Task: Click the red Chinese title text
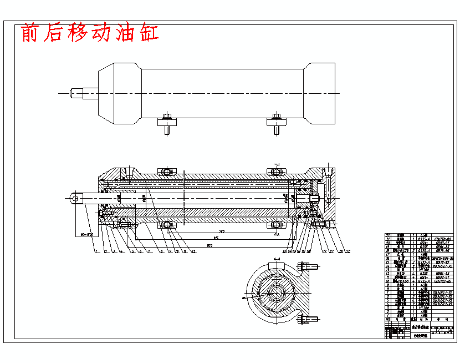pyautogui.click(x=90, y=33)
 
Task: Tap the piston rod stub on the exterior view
pyautogui.click(x=83, y=93)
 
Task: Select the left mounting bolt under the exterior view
pyautogui.click(x=167, y=123)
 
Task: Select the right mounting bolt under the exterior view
pyautogui.click(x=277, y=123)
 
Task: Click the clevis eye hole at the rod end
pyautogui.click(x=76, y=197)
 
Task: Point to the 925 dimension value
pyautogui.click(x=210, y=244)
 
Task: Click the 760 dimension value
pyautogui.click(x=221, y=231)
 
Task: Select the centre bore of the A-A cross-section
pyautogui.click(x=275, y=293)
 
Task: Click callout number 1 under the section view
pyautogui.click(x=96, y=251)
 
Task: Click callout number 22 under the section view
pyautogui.click(x=349, y=251)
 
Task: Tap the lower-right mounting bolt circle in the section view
pyautogui.click(x=277, y=224)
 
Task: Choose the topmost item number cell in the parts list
pyautogui.click(x=388, y=235)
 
